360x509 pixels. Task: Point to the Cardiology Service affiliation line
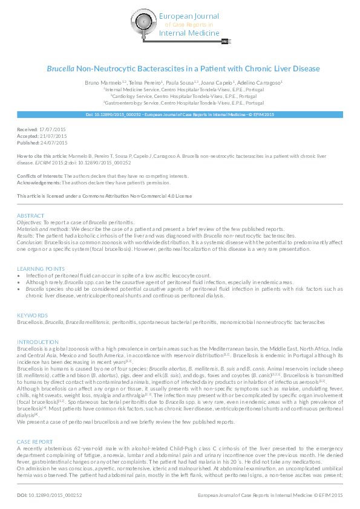[180, 95]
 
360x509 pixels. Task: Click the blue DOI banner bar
[180, 114]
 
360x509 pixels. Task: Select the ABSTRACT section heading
[30, 216]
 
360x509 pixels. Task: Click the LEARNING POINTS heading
[41, 268]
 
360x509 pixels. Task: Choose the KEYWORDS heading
[32, 316]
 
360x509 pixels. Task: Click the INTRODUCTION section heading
[38, 342]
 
